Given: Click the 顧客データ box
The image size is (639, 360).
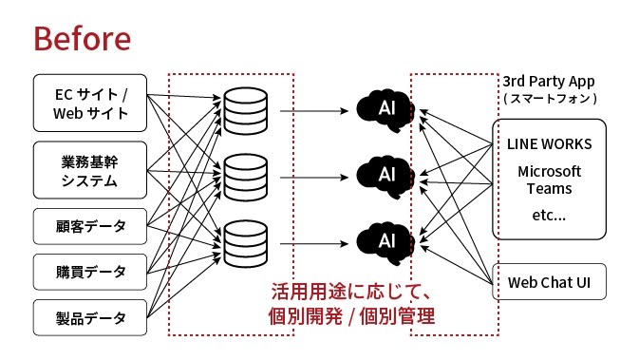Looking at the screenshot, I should tap(90, 227).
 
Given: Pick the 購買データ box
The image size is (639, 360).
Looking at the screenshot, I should tap(90, 272).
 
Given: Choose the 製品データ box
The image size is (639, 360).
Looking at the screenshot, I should tap(90, 317).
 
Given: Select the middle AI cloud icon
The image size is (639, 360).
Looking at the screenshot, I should tap(385, 175).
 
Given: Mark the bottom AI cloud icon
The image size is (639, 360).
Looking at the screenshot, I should tap(385, 239).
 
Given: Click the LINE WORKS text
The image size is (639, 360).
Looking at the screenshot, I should tap(549, 144).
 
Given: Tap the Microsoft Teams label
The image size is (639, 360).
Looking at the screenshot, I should tap(549, 180).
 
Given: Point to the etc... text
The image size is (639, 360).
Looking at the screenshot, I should tap(549, 216).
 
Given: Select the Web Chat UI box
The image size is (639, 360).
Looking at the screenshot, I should tap(549, 282).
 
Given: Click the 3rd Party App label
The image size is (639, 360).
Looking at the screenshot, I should tap(549, 81).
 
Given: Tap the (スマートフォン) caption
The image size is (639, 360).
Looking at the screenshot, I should tap(549, 98).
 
